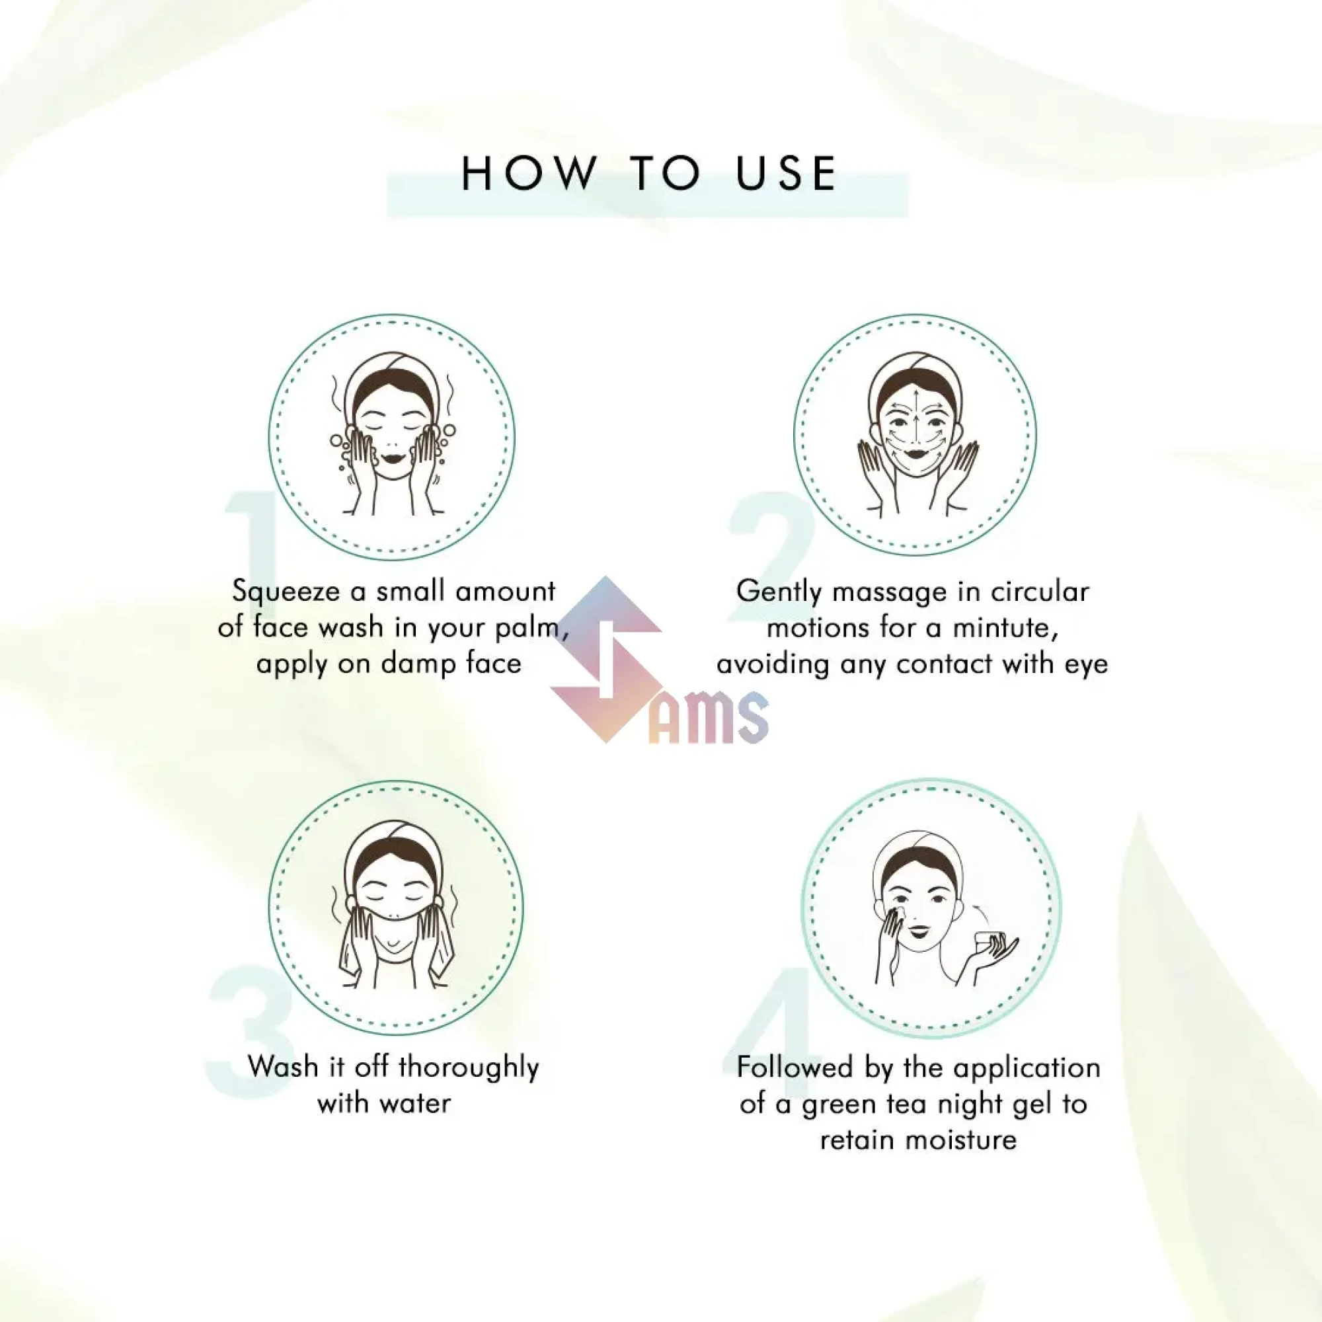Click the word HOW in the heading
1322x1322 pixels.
pos(529,173)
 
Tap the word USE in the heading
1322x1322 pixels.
pos(786,173)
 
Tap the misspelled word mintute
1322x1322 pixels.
pos(1005,627)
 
